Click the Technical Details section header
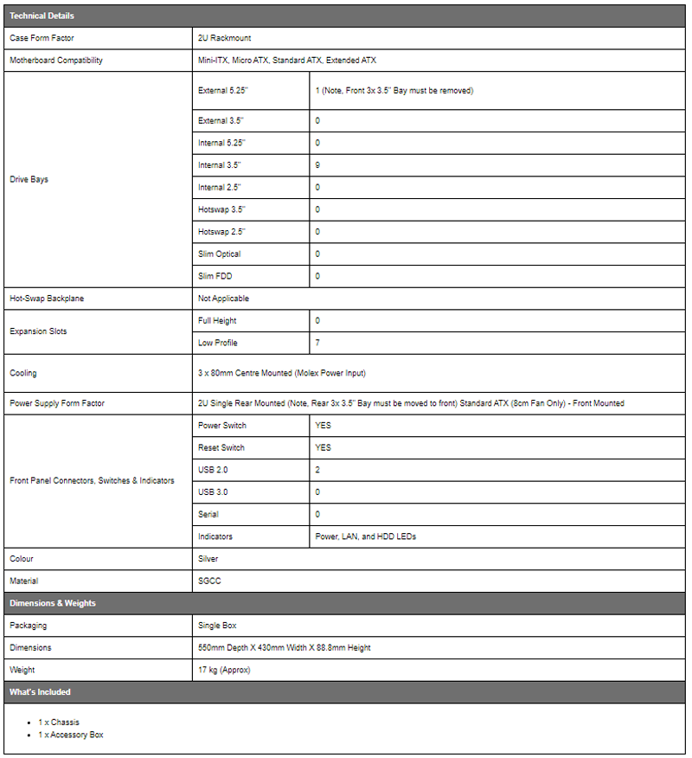click(42, 16)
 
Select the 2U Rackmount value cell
click(225, 38)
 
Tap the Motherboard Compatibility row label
click(55, 61)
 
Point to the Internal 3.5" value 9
click(317, 164)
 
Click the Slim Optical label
click(220, 254)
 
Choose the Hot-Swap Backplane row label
click(47, 298)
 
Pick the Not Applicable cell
click(223, 298)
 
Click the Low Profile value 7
click(317, 343)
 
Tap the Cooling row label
click(23, 373)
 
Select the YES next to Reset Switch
click(323, 447)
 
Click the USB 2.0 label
click(213, 470)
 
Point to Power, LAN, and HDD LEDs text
click(365, 536)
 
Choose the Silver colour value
click(208, 559)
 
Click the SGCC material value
click(209, 581)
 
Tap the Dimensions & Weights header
click(53, 603)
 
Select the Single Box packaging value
click(217, 625)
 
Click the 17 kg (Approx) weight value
click(224, 670)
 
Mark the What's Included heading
click(40, 692)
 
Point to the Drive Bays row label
click(29, 179)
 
